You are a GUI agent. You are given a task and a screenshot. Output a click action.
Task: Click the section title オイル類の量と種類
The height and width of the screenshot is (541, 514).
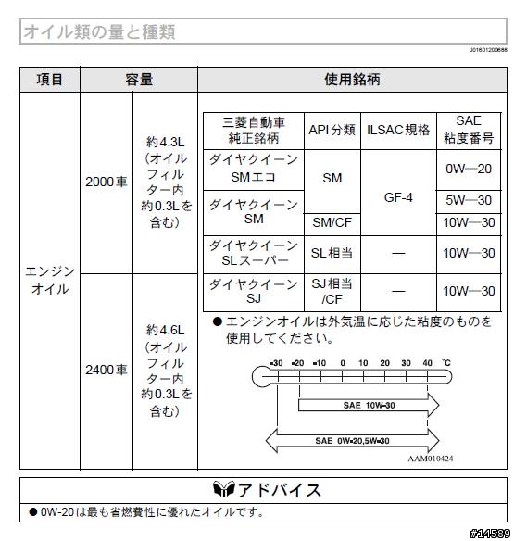[x=100, y=31]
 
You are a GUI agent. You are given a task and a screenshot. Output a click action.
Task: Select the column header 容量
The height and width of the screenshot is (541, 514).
[x=139, y=80]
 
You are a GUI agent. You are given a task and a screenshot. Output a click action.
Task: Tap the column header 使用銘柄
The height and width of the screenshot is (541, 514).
[x=352, y=80]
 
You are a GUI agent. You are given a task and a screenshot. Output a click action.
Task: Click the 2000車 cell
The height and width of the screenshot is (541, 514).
[x=107, y=182]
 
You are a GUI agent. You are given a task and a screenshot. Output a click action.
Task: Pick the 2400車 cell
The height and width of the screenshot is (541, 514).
[x=107, y=370]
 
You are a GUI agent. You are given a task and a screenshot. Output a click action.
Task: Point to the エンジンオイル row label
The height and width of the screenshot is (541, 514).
[x=50, y=280]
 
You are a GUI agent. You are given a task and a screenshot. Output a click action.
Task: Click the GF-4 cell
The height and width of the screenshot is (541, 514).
[x=398, y=197]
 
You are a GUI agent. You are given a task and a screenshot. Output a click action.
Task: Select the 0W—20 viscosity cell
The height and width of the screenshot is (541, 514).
[x=469, y=169]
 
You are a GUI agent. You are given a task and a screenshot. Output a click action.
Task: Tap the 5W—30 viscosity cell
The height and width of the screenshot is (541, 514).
[x=469, y=200]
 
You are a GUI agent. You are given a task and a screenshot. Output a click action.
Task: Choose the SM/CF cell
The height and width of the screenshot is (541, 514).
[x=332, y=222]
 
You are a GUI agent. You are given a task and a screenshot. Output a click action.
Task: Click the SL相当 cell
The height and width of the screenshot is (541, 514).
[x=332, y=253]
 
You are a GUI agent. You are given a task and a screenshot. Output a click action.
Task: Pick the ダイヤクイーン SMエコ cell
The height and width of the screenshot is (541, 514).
[x=254, y=169]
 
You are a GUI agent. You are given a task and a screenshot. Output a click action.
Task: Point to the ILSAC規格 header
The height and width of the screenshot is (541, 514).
[x=398, y=130]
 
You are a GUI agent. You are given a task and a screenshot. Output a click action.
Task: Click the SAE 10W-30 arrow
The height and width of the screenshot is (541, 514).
[x=369, y=405]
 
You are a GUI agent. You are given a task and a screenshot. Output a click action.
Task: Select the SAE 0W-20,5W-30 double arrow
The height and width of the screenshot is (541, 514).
[x=352, y=441]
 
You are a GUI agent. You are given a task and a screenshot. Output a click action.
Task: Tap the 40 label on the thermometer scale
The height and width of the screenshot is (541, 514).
[x=428, y=363]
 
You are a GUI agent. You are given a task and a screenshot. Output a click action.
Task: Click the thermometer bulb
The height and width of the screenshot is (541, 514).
[x=261, y=377]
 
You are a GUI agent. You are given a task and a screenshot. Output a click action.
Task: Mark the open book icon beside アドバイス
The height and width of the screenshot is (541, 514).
[x=224, y=489]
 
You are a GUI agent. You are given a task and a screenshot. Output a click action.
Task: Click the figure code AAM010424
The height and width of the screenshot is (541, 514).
[x=430, y=459]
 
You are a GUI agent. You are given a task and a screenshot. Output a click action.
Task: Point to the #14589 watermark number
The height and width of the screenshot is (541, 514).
[x=490, y=534]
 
